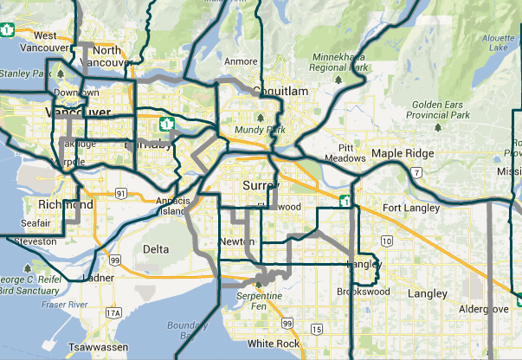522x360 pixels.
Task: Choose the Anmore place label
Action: (x=241, y=61)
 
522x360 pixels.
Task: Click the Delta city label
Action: (x=156, y=249)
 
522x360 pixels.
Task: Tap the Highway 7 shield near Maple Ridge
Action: (x=417, y=173)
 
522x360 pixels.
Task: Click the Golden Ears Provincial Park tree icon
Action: (x=437, y=128)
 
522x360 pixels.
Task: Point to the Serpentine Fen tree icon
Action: (x=258, y=283)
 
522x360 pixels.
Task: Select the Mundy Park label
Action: (x=260, y=130)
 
